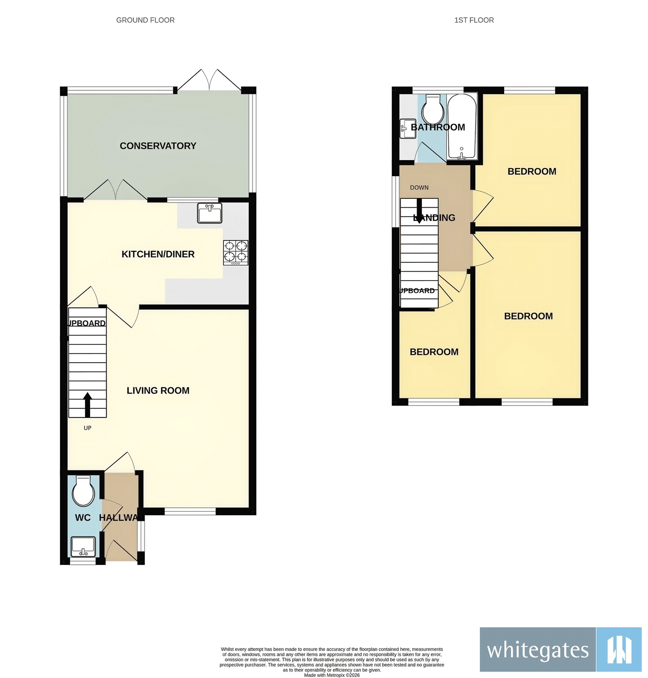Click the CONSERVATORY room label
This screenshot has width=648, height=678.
coord(158,146)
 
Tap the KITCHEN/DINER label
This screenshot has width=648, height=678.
coord(158,254)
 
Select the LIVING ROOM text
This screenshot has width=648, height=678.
coord(158,391)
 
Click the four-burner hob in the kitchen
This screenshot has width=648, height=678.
coord(236,253)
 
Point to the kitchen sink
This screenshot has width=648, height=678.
coord(210,213)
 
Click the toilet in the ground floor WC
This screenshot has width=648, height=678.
coord(83,492)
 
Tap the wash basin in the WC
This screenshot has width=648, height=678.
coord(83,547)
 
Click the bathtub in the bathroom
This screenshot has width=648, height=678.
coord(462,126)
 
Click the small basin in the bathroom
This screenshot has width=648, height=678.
coord(408,129)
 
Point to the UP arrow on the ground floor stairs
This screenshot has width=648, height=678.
coord(88,405)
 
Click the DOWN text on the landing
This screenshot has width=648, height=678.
coord(419,188)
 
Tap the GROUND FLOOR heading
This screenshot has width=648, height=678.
coord(145,20)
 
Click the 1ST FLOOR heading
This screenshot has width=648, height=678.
coord(474,20)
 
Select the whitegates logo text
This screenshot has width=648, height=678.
coord(538,650)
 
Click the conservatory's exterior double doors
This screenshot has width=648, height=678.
coord(209,81)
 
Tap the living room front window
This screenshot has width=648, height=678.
coord(190,511)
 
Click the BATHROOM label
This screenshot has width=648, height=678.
coord(438,127)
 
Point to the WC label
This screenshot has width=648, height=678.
coord(83,518)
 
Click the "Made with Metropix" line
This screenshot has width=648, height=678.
coord(332,675)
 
